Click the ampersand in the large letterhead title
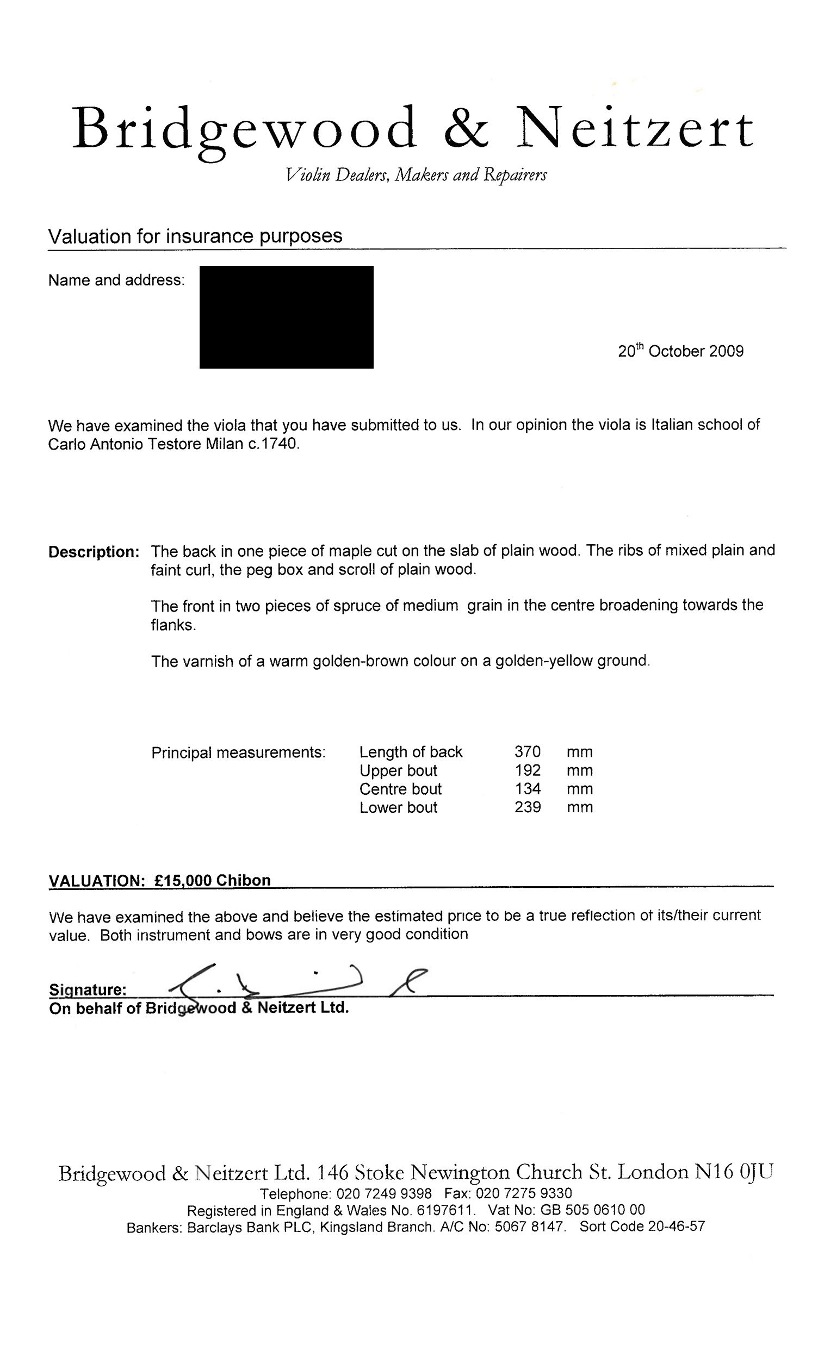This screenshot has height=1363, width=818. coord(466,128)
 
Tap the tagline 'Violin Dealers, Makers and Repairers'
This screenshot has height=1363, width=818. coord(416,175)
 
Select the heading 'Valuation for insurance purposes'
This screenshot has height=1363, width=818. coord(195,236)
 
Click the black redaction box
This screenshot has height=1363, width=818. coord(286,317)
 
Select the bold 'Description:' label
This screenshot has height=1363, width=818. coord(94,551)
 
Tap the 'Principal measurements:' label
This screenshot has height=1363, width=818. coord(238,752)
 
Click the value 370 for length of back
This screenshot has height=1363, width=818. coord(527,751)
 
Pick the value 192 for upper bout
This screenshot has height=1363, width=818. coord(527,770)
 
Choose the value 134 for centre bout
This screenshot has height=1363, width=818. coord(527,788)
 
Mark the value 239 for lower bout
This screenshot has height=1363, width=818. coord(527,807)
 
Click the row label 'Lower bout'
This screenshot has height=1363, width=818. coord(398,807)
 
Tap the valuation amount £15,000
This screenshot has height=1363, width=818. coord(183,880)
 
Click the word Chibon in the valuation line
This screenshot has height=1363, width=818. coord(243,880)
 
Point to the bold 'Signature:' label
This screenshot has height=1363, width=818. coord(88,989)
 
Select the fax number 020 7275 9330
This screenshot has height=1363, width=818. coord(523,1193)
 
